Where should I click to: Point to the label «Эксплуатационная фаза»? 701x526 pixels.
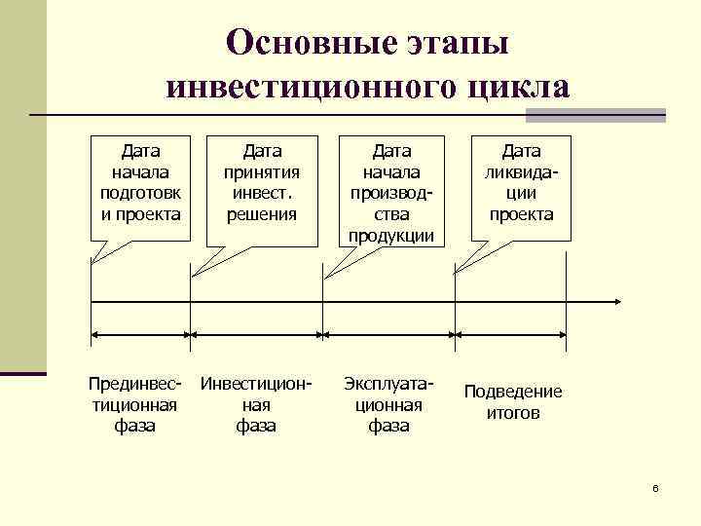click(388, 404)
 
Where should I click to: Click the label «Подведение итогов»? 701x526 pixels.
click(513, 402)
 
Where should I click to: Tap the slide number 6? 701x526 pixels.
click(656, 487)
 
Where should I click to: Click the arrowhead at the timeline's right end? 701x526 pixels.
click(616, 300)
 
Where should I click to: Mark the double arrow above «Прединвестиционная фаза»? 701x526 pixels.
click(140, 335)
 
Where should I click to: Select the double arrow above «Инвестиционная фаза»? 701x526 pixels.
click(257, 335)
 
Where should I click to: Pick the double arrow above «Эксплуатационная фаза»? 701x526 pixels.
click(389, 335)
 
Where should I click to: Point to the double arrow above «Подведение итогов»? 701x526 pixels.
click(512, 335)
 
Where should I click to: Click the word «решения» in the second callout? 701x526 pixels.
click(262, 214)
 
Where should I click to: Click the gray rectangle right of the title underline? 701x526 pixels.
click(595, 116)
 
